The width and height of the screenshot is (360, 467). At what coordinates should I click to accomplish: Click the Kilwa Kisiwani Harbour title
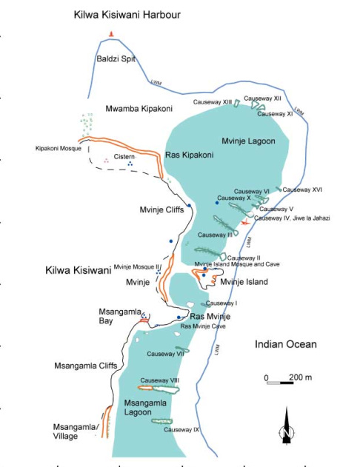click(127, 15)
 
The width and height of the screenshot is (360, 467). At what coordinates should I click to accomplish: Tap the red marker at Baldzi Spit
click(112, 33)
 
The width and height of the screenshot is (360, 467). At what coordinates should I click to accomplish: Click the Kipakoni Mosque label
click(59, 148)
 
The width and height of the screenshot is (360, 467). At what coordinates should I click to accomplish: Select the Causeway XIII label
click(213, 101)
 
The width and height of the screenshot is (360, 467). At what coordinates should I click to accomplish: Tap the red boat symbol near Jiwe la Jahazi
click(245, 222)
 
